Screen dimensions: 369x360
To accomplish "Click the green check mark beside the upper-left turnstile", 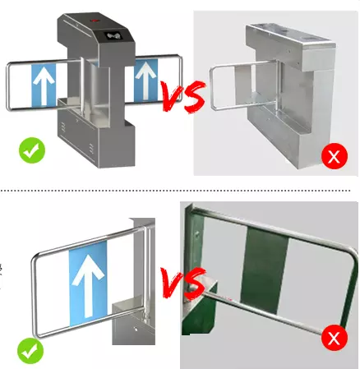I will tap(31, 151).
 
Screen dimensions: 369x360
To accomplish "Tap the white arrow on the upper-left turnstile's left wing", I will tap(43, 85).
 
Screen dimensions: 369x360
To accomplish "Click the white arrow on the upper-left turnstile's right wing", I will tap(145, 79).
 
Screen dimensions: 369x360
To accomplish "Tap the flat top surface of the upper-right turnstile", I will tap(284, 30).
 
